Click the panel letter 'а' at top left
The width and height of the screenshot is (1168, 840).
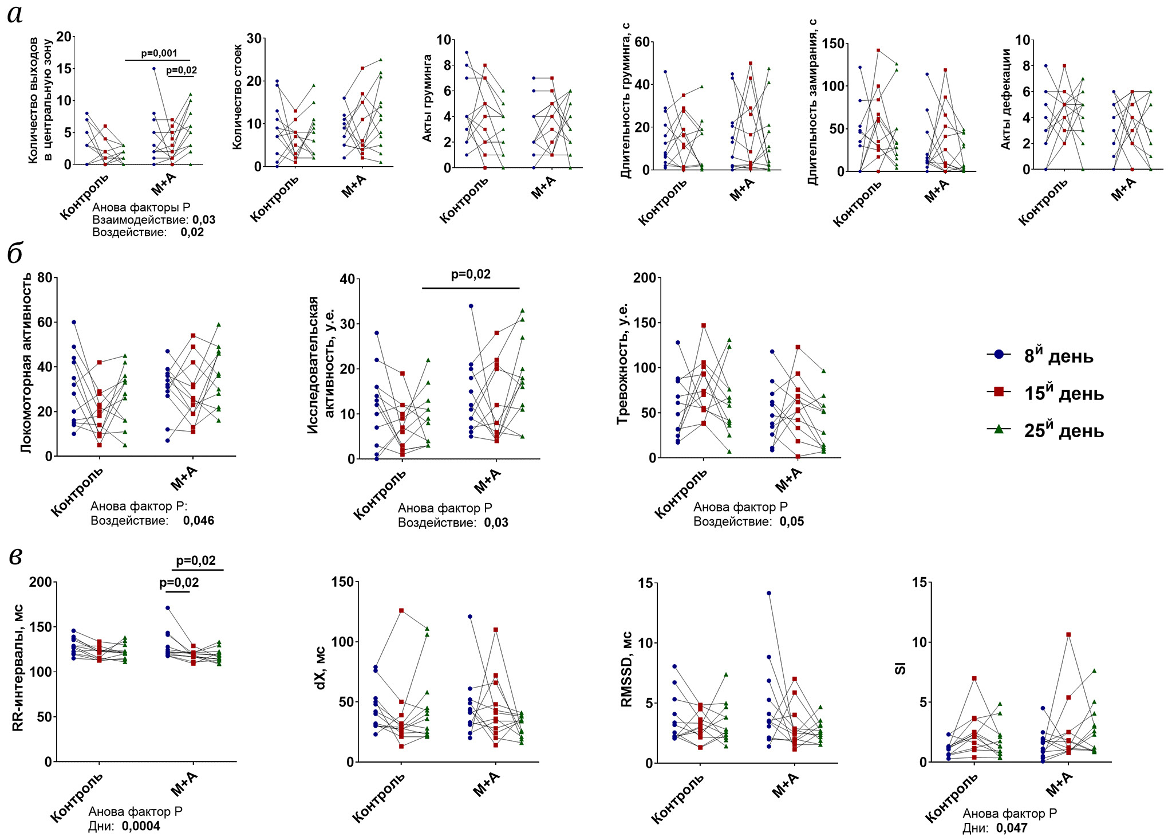(x=15, y=14)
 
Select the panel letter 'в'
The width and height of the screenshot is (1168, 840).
(x=15, y=555)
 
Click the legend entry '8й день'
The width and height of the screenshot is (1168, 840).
(x=1058, y=356)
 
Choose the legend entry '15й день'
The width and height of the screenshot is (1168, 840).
(x=1063, y=393)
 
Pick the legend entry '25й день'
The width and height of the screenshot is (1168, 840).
(x=1063, y=430)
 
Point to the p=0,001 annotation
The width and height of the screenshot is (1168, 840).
(x=159, y=53)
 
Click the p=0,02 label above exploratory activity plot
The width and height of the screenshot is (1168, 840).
(x=471, y=274)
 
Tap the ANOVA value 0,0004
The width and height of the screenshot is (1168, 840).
(x=141, y=826)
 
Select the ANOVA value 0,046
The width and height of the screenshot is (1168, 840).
(x=199, y=521)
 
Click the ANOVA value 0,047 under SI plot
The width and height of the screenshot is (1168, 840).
(x=1012, y=828)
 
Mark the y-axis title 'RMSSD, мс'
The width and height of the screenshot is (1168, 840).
(x=627, y=669)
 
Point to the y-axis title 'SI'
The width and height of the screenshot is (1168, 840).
(x=901, y=668)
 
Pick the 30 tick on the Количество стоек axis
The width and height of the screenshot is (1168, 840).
(x=254, y=38)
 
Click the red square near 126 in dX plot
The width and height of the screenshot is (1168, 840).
(x=401, y=611)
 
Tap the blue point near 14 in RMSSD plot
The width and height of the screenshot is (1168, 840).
(x=769, y=593)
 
